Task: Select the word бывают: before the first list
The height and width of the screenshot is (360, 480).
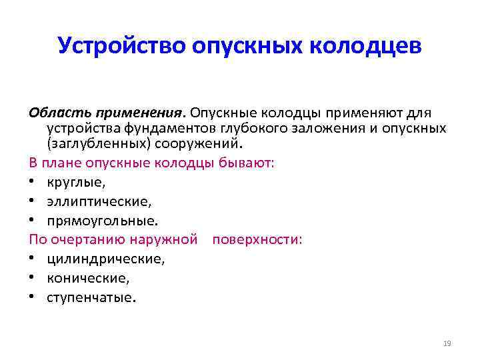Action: (247, 163)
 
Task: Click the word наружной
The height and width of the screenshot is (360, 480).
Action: (171, 238)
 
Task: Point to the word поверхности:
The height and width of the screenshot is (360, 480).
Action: (257, 238)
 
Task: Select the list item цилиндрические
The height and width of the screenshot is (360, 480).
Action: (105, 257)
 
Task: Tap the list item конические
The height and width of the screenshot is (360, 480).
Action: (87, 277)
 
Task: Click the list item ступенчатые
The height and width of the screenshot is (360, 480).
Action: (91, 296)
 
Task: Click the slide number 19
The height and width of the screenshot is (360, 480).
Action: (447, 343)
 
